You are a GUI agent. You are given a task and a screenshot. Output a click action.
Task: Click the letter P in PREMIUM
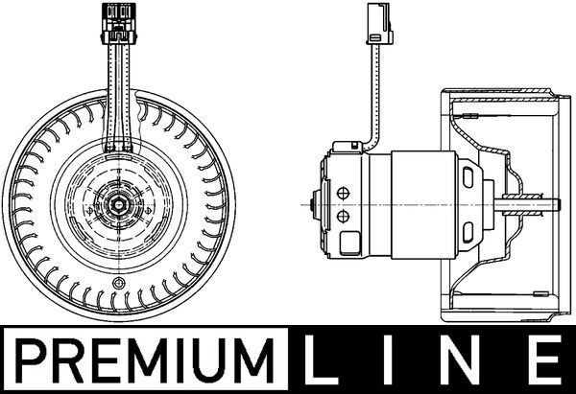[x=32, y=363]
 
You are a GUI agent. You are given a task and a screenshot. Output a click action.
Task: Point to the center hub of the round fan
[x=120, y=203]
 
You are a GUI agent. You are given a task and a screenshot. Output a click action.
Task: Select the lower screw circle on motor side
[x=343, y=219]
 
